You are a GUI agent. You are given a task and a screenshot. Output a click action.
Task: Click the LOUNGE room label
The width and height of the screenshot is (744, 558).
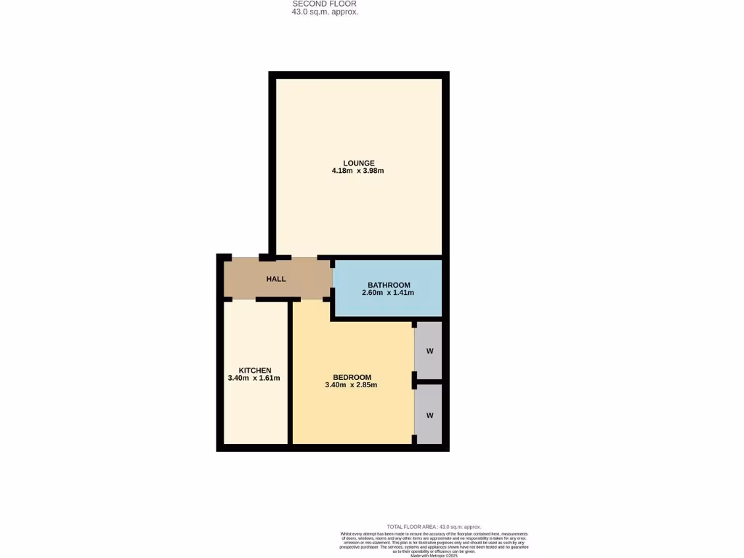point(359,163)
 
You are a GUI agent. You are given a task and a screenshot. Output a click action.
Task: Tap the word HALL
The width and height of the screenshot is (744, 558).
point(276,279)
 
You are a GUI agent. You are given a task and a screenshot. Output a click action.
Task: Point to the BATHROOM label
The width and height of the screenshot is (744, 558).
point(389,285)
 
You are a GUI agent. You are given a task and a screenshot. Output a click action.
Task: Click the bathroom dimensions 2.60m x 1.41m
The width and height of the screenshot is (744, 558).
point(387,294)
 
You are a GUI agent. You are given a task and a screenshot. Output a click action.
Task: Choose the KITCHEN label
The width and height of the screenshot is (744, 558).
point(255,371)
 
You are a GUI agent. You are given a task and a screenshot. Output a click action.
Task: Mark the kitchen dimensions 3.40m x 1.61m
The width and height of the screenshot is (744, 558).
point(254,379)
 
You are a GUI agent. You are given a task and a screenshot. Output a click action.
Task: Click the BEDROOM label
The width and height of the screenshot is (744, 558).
point(352,377)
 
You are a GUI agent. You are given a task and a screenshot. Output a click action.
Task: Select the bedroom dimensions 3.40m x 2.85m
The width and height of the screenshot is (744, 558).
point(351,385)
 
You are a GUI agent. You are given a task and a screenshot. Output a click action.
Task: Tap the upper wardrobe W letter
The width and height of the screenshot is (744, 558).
point(429,352)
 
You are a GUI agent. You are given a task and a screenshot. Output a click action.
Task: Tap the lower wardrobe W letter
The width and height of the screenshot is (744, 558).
point(429,416)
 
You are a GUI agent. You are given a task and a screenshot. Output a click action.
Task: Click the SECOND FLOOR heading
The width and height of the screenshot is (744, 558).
point(324,4)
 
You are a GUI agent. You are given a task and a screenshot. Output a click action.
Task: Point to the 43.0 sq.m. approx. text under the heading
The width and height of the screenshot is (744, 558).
point(325,12)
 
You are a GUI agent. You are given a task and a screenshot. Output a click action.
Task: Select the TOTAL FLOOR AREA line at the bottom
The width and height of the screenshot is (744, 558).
point(434,527)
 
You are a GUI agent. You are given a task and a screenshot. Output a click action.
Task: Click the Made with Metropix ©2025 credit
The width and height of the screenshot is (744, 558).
point(434,555)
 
